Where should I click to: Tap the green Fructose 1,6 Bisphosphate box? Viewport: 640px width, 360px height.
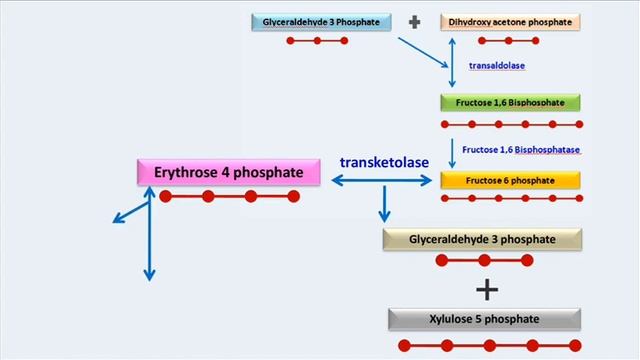[x=510, y=102]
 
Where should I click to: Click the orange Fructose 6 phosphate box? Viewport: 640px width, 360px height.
[x=510, y=180]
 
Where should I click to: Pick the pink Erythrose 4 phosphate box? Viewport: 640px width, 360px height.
[x=228, y=172]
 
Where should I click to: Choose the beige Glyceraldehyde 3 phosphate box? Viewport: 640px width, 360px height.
[x=483, y=239]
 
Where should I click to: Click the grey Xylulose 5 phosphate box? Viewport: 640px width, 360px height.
[x=485, y=319]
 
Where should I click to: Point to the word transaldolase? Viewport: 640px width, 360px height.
[x=497, y=66]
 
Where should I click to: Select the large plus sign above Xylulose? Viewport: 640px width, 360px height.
[x=487, y=290]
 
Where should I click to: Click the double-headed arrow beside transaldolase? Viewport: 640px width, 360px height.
[x=453, y=65]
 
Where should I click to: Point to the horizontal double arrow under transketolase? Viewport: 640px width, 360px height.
[x=385, y=181]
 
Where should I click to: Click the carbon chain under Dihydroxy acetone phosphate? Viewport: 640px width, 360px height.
[x=508, y=41]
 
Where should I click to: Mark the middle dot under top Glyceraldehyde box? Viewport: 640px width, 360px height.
[x=317, y=41]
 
